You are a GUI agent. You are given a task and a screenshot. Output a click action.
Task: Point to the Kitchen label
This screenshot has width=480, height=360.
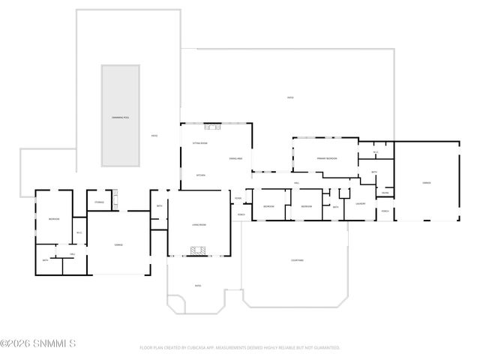(x=200, y=175)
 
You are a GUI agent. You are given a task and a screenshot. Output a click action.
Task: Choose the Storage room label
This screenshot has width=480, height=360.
(x=99, y=202)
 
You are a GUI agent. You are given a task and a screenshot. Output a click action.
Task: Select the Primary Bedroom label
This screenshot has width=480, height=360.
(x=326, y=159)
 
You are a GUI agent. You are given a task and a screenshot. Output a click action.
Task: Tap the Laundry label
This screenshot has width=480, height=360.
(x=361, y=203)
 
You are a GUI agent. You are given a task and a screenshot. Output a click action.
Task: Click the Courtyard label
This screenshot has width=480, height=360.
(x=297, y=260)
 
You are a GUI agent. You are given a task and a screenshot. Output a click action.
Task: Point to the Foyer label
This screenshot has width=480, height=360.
(x=238, y=199)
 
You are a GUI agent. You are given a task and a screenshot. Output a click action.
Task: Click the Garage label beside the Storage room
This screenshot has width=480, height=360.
(x=118, y=245)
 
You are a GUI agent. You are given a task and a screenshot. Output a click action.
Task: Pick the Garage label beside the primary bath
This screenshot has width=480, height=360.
(x=426, y=182)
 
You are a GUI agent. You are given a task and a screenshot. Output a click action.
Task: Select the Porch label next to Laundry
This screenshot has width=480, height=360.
(x=385, y=211)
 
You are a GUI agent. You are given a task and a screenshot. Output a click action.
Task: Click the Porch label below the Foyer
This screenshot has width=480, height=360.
(x=241, y=214)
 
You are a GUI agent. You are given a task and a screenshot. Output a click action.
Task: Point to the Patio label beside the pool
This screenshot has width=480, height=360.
(x=154, y=136)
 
